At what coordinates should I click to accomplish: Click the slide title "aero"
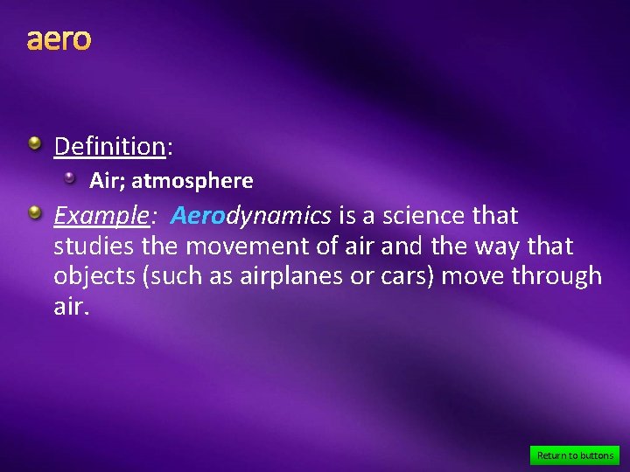click(x=59, y=40)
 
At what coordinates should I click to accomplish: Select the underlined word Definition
click(x=109, y=146)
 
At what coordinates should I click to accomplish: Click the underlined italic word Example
click(x=98, y=215)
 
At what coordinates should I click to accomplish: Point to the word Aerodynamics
click(x=251, y=215)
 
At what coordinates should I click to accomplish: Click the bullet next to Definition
click(x=34, y=142)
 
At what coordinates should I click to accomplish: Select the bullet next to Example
click(x=34, y=212)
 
